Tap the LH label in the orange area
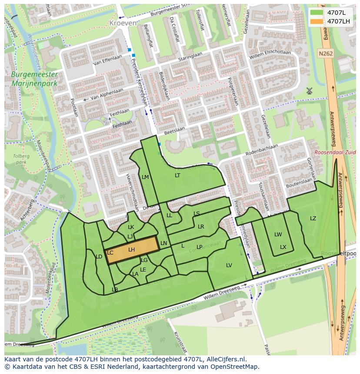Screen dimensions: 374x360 [132, 250]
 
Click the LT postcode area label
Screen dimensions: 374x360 [177, 175]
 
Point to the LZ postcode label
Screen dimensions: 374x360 [313, 218]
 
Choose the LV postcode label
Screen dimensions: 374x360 [229, 265]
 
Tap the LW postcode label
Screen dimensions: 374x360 [278, 235]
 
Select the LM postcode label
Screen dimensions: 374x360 [145, 177]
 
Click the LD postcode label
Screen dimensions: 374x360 [99, 257]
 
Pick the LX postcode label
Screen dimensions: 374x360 [283, 247]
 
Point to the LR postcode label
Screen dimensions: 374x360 [201, 227]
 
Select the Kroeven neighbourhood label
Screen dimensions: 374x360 [123, 23]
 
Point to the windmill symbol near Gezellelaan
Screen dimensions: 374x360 [310, 91]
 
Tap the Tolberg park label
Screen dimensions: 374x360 [20, 159]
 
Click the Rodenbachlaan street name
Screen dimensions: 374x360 [262, 150]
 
